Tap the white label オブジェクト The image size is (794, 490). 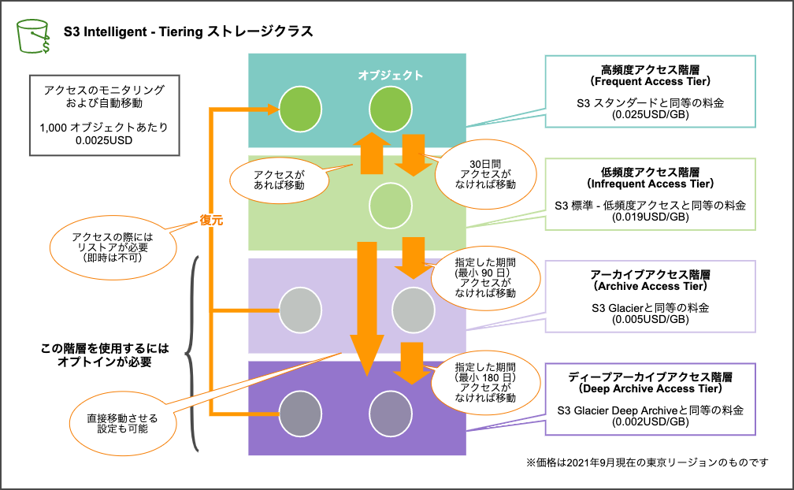[x=391, y=76]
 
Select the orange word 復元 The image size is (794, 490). [x=211, y=221]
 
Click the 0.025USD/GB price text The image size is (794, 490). [x=651, y=114]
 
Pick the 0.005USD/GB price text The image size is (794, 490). [x=651, y=319]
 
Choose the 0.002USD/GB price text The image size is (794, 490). [x=651, y=421]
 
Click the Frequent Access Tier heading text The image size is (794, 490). [x=651, y=81]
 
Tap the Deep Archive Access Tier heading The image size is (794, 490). [x=651, y=388]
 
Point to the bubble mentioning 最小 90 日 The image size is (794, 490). [x=485, y=277]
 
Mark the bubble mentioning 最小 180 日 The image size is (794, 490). [x=485, y=382]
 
